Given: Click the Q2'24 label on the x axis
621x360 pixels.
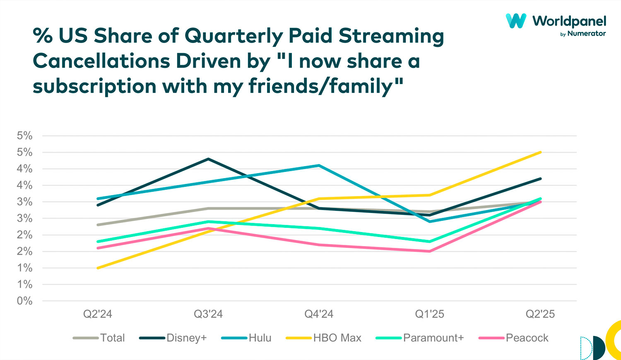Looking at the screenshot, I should [98, 314].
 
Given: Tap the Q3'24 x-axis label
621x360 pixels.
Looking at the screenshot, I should [208, 314].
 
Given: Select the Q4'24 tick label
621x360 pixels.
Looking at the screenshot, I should [319, 314].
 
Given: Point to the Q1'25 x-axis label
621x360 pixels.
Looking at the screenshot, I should [429, 314].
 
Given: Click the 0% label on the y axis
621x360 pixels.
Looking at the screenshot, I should [24, 301].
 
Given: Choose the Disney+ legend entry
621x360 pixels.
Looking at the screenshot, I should [186, 338].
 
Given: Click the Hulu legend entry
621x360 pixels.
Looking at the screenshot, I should [260, 338].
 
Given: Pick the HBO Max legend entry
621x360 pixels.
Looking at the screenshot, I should [337, 338].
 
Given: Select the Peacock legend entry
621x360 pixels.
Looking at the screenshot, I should [527, 338].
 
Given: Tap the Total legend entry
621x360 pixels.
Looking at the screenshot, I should [112, 338].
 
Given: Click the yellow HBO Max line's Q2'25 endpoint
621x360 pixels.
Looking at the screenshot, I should [540, 152].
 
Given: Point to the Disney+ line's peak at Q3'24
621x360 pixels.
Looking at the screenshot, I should [208, 159].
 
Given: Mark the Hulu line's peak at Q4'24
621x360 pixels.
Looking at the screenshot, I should [319, 165].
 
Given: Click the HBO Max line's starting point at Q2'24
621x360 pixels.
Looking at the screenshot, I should [98, 268].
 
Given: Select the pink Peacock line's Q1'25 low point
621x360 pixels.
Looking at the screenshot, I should [429, 251].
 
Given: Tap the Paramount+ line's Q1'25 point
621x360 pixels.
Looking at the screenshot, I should [429, 242].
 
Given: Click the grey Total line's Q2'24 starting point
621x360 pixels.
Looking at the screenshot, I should [98, 225].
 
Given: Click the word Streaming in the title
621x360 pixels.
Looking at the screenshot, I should [391, 36].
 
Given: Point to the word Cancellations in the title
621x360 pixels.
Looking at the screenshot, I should [101, 61].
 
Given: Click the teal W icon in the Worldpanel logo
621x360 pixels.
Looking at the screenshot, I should [516, 21].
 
